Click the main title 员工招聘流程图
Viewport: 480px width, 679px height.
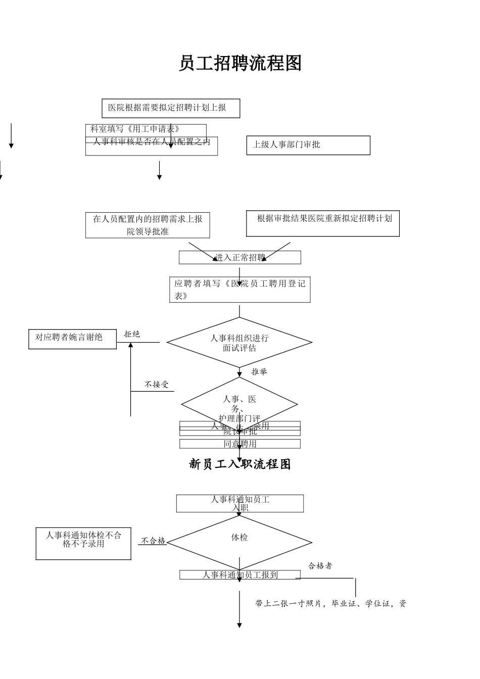(240, 64)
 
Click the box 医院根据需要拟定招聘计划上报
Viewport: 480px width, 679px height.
(171, 108)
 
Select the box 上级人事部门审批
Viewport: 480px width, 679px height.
(308, 145)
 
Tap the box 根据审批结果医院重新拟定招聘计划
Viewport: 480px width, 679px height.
(322, 223)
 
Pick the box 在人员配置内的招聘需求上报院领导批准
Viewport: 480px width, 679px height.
(148, 225)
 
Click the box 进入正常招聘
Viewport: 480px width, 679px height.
(239, 258)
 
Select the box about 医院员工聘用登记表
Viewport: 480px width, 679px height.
(239, 290)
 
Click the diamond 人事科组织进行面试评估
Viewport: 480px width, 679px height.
(239, 343)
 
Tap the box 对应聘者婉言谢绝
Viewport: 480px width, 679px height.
(72, 338)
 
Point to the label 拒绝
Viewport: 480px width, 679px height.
(132, 334)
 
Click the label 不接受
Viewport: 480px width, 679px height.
(156, 384)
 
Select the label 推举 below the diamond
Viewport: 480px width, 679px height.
(259, 372)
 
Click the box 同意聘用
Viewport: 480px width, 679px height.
(239, 444)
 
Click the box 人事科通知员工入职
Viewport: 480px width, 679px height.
(239, 503)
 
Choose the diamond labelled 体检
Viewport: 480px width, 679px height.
(239, 542)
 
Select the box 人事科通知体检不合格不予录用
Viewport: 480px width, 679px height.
(83, 544)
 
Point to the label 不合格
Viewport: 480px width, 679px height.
(153, 541)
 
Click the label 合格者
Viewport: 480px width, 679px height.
(320, 566)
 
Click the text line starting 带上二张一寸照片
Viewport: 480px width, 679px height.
(330, 604)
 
